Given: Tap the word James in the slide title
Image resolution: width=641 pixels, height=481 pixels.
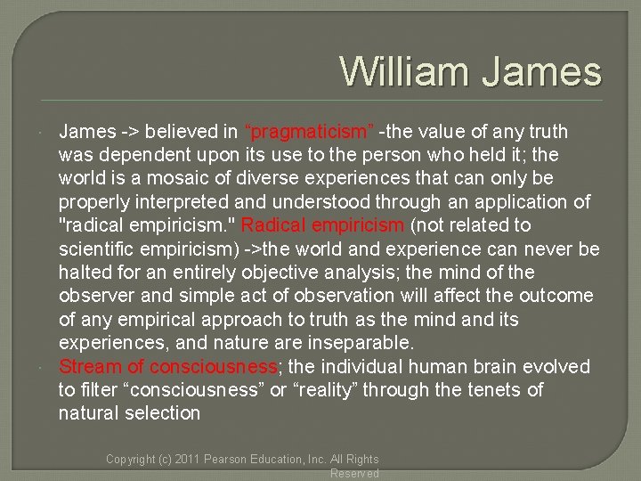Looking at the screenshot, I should click(542, 71).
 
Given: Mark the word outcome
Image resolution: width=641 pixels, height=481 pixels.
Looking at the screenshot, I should click(558, 296).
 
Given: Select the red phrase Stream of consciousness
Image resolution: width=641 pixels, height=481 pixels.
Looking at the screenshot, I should click(168, 366).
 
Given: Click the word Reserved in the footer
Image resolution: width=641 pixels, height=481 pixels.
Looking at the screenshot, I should click(354, 473).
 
